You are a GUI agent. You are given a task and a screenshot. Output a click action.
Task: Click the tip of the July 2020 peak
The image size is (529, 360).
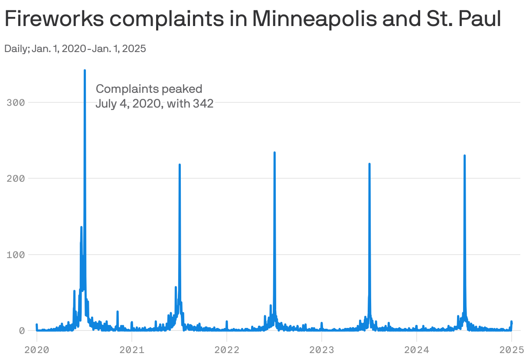85,70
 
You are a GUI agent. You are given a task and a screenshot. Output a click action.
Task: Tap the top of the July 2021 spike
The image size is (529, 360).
180,165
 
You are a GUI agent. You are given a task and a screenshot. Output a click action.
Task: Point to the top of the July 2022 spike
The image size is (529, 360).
274,153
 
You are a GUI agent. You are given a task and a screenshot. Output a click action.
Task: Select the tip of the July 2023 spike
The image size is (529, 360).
369,164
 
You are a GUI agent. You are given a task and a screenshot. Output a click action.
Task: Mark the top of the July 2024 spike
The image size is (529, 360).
464,156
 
